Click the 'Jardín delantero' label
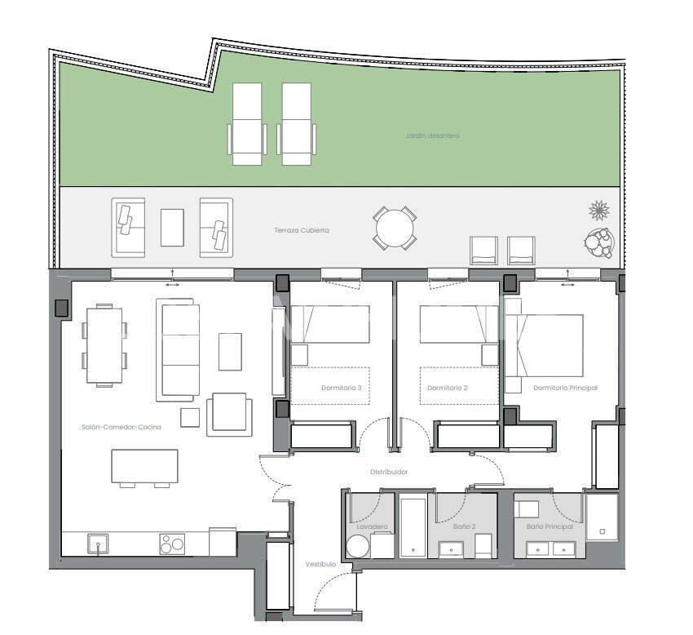[x=432, y=135]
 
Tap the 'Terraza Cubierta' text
[x=302, y=231]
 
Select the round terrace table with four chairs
[x=395, y=228]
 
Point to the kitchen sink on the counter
[x=98, y=544]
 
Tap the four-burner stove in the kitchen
[x=172, y=544]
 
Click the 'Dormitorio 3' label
[x=342, y=388]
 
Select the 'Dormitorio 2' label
[x=448, y=388]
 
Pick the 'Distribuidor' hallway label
[x=389, y=472]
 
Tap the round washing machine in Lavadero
[x=357, y=547]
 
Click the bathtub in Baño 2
[x=413, y=526]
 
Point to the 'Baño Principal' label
[x=550, y=526]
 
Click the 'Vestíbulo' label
[x=320, y=564]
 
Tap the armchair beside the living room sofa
[x=229, y=414]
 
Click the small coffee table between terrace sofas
[x=172, y=227]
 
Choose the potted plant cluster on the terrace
[x=598, y=242]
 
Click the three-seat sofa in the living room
[x=179, y=349]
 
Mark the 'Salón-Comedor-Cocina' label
[x=121, y=427]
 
